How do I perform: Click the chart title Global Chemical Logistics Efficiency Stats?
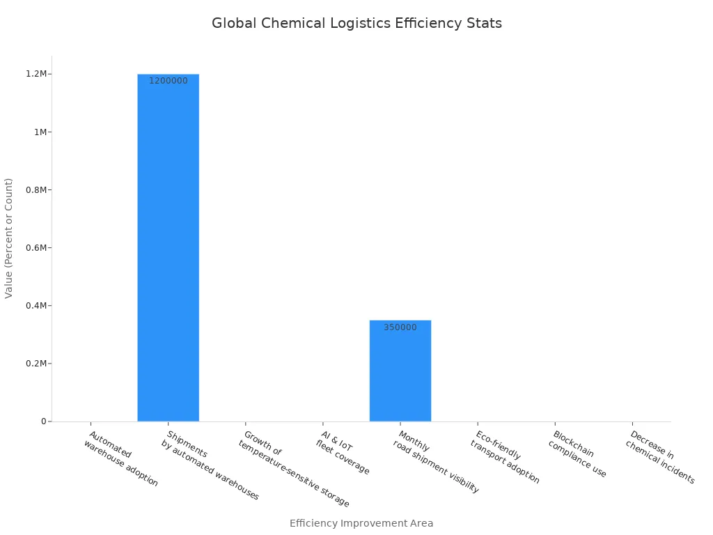pyautogui.click(x=356, y=23)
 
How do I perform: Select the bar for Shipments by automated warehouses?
pyautogui.click(x=168, y=247)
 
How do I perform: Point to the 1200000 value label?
pyautogui.click(x=168, y=81)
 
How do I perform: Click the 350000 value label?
pyautogui.click(x=400, y=327)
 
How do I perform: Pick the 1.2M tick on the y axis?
pyautogui.click(x=38, y=74)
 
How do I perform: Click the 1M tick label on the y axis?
pyautogui.click(x=40, y=132)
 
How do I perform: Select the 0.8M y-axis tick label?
pyautogui.click(x=38, y=190)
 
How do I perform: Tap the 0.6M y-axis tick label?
pyautogui.click(x=38, y=248)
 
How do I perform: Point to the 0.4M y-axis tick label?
pyautogui.click(x=38, y=306)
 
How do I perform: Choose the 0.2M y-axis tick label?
pyautogui.click(x=38, y=364)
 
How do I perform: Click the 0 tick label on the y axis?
pyautogui.click(x=44, y=421)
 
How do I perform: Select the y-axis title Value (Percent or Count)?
pyautogui.click(x=9, y=238)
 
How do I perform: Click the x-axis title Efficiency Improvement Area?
pyautogui.click(x=361, y=523)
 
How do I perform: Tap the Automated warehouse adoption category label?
pyautogui.click(x=120, y=459)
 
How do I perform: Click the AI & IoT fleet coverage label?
pyautogui.click(x=342, y=453)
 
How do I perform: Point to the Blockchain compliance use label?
pyautogui.click(x=577, y=454)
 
